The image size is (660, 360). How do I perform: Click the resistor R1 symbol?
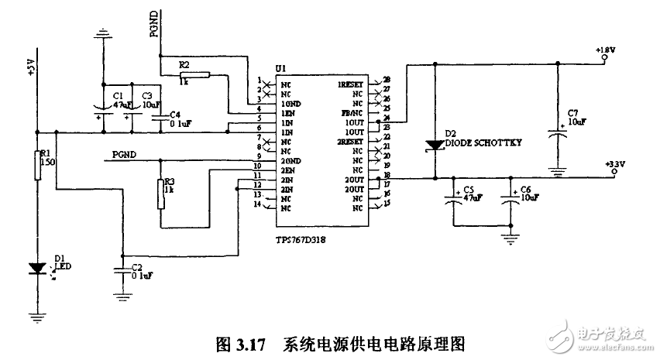36,166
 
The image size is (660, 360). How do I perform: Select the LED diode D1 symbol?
36,269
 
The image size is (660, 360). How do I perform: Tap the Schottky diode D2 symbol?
433,146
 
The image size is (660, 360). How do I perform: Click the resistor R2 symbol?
194,75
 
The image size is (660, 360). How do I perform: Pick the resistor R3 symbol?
160,194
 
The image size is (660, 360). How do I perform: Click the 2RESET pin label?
350,142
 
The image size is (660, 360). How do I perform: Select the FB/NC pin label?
352,112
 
